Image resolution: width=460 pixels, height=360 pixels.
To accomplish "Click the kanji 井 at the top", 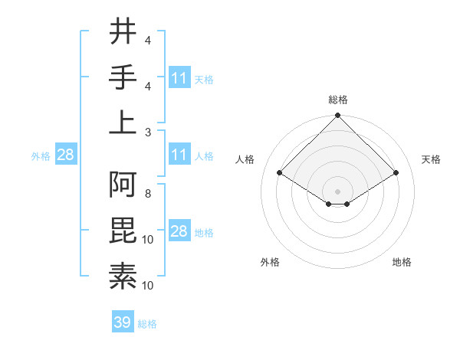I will point(123,33).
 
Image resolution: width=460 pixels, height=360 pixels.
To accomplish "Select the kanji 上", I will point(123,122).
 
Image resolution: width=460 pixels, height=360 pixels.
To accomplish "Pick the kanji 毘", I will point(123,231).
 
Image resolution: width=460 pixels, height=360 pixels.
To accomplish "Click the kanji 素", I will point(123,275).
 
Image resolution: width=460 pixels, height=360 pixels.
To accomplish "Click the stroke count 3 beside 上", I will point(148,132).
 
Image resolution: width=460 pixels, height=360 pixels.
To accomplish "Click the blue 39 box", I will point(123,322).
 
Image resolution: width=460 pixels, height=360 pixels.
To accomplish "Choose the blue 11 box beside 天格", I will point(179,77).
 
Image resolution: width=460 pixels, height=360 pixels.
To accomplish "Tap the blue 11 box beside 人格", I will point(179,155).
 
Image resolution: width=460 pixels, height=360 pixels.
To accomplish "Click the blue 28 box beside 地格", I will point(179,231).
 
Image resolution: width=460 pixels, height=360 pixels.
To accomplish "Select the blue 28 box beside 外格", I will point(65,155).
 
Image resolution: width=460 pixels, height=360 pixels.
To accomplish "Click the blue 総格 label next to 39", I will point(147,323).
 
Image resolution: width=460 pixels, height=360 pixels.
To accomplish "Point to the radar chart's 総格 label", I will point(337,100).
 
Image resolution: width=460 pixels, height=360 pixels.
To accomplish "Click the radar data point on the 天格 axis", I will point(396,173).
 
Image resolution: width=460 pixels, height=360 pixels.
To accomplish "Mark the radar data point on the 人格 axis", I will point(280,173).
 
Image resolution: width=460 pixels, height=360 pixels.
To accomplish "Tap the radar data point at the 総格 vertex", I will point(337,116).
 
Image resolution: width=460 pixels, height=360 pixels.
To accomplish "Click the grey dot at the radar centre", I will point(337,190).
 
